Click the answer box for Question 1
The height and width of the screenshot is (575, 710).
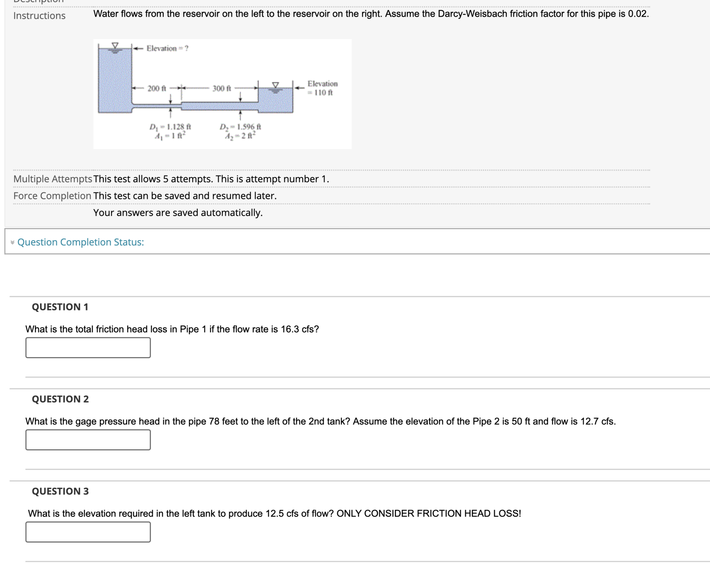[88, 348]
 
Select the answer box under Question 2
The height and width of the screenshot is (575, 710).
[88, 440]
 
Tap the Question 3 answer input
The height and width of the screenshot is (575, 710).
[88, 532]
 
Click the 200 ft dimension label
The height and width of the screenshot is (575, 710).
[156, 89]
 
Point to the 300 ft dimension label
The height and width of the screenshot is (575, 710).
[222, 89]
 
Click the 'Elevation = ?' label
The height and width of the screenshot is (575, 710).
[167, 48]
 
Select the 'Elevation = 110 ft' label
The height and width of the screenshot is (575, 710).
[322, 88]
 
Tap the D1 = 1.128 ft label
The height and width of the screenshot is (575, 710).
[170, 127]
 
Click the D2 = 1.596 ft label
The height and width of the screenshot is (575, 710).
[240, 127]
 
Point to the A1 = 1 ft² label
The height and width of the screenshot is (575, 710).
[170, 136]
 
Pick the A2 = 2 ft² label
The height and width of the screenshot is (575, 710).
[240, 136]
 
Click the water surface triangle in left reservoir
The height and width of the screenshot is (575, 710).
[115, 46]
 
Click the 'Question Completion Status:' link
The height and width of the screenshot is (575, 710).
[81, 242]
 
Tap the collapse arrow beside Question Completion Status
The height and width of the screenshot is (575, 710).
[12, 243]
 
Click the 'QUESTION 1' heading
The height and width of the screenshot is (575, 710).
[60, 307]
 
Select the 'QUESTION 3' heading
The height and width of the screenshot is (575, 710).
[60, 491]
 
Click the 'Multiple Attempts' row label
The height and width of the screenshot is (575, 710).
[53, 179]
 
